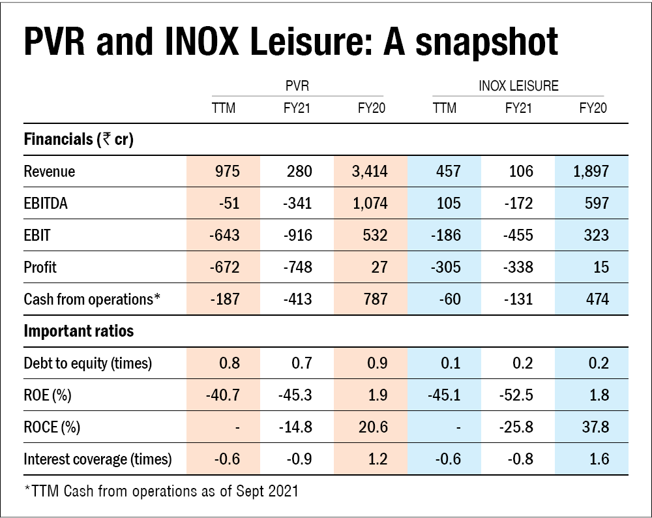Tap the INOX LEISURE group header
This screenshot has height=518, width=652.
coord(519,85)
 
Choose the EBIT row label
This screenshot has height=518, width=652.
coord(38,236)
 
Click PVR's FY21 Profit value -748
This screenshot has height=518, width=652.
coord(298,267)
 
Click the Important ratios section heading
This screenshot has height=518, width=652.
coord(78,331)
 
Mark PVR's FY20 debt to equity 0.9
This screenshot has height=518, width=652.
coord(376,363)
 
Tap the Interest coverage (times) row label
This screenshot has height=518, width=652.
coord(97,459)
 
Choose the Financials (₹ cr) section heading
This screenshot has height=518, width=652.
coord(78,139)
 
